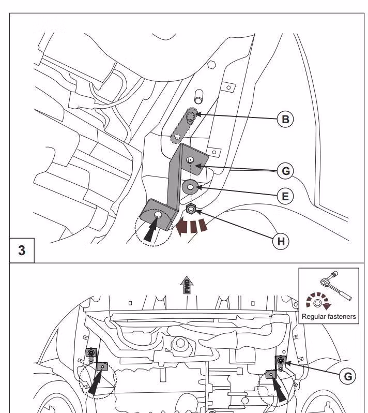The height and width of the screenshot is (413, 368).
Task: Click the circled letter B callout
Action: click(284, 119)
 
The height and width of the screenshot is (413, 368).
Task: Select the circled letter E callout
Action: click(284, 196)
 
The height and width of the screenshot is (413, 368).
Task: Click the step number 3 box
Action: click(22, 250)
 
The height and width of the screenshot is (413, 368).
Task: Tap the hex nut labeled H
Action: click(190, 209)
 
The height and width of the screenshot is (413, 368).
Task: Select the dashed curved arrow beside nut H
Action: click(193, 226)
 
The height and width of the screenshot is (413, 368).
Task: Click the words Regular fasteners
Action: click(328, 316)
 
